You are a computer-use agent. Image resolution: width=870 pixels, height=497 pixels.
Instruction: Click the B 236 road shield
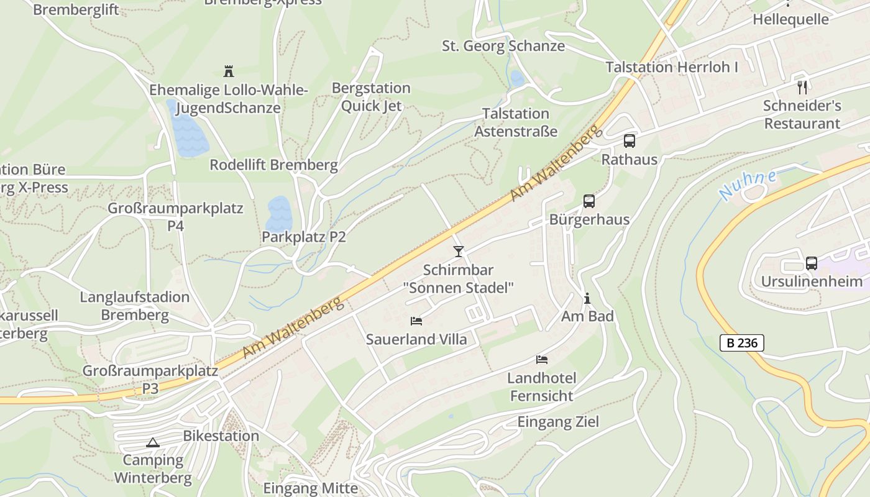coord(742,342)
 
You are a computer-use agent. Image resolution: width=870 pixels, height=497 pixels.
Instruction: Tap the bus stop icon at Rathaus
coord(630,141)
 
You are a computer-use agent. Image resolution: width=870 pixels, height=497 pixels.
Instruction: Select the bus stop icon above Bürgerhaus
coord(588,201)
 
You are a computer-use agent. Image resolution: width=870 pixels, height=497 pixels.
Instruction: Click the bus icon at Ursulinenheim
coord(812,263)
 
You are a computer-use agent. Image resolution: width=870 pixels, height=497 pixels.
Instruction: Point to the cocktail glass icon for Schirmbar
coord(459,251)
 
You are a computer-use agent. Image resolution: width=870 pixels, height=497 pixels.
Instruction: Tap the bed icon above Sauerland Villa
coord(416,321)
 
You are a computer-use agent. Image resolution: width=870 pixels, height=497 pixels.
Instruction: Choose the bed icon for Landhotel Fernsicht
coord(542,360)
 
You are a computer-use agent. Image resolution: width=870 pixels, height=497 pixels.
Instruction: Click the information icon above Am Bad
coord(587,299)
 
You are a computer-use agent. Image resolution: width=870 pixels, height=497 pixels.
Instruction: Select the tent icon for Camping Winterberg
coord(152,443)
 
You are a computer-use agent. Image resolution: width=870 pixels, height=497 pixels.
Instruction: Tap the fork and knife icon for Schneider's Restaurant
coord(802,88)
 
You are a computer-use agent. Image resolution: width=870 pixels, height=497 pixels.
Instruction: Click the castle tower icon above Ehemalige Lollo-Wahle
coord(228,71)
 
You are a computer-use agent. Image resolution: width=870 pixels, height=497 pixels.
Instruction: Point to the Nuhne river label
coord(748,185)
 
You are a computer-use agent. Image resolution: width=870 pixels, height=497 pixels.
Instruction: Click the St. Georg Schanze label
coord(503,46)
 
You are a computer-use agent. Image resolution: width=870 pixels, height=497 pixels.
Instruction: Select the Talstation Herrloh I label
coord(672,67)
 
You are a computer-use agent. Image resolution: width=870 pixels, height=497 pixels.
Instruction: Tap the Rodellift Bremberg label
coord(273,165)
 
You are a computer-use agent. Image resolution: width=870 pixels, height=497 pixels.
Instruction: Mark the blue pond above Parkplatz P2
coord(279,214)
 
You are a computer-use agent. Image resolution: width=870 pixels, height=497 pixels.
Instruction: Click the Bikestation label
coord(221,436)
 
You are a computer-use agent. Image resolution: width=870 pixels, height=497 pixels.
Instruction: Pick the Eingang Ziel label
coord(558,422)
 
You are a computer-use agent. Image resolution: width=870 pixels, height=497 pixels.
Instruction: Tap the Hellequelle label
coord(790,19)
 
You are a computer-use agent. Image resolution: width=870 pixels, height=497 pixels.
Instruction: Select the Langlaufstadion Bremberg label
coord(135,306)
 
